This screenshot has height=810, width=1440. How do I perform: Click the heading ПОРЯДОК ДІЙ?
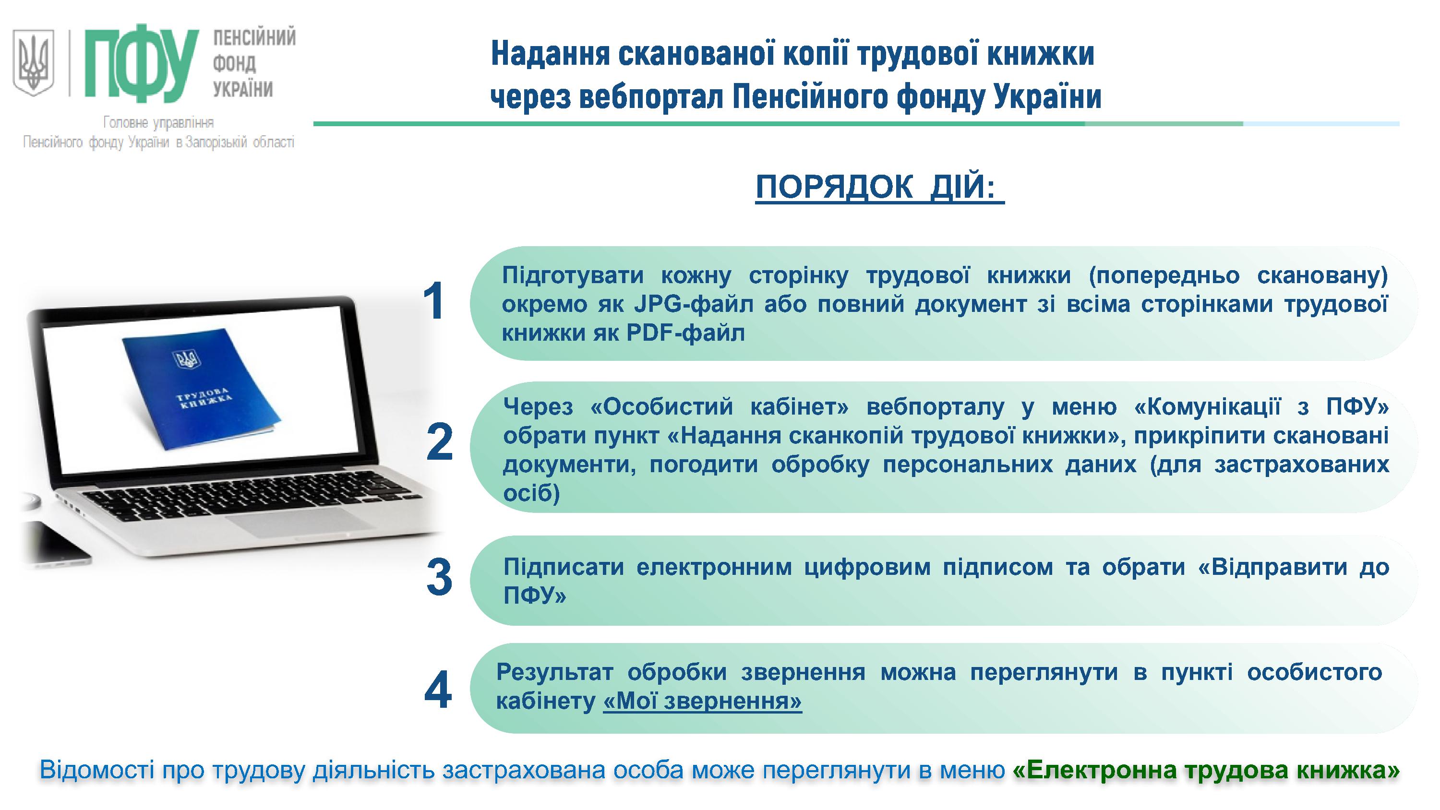(879, 187)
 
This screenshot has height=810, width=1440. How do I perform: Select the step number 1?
(434, 301)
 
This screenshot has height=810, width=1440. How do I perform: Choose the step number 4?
(438, 691)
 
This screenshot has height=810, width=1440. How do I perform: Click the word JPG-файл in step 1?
(693, 304)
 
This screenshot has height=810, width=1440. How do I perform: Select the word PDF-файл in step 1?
(685, 333)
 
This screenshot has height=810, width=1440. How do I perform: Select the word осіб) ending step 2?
(531, 493)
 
